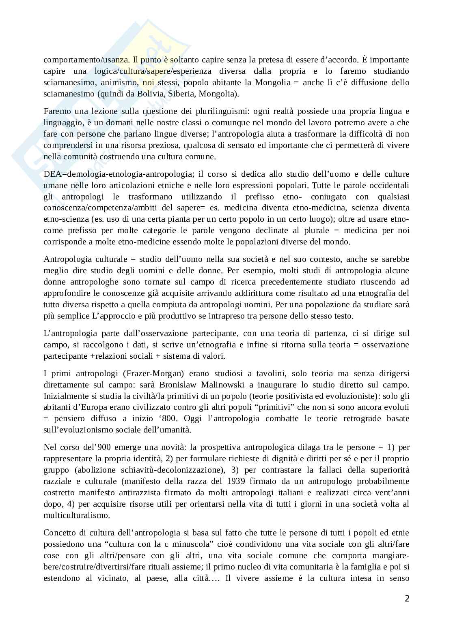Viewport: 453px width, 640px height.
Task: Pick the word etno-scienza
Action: tap(63, 219)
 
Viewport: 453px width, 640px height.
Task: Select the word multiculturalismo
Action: tap(77, 516)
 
